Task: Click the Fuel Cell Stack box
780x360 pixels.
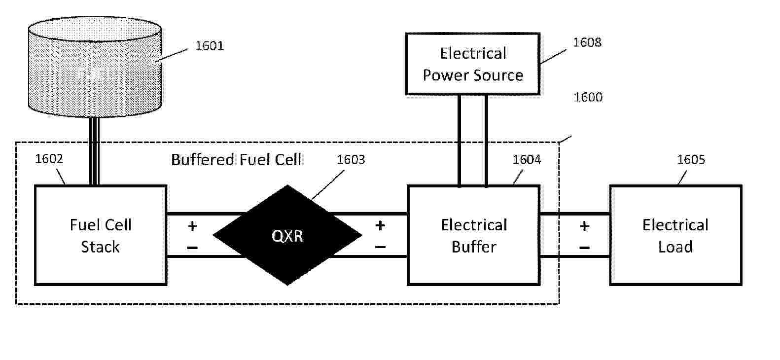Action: click(x=101, y=235)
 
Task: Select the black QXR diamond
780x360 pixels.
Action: click(x=287, y=235)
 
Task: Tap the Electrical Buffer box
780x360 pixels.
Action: click(x=473, y=235)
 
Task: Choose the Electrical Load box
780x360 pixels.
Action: click(x=675, y=235)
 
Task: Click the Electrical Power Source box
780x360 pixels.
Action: click(x=473, y=64)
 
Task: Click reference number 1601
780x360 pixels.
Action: click(x=210, y=46)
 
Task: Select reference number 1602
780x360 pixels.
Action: click(x=49, y=159)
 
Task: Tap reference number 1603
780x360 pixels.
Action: click(x=351, y=160)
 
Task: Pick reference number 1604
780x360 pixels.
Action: click(x=527, y=160)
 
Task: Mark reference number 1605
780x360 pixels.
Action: click(x=691, y=160)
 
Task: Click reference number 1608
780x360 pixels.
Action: click(x=587, y=42)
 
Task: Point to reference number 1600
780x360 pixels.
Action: click(x=588, y=97)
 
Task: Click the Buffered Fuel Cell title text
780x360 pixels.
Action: click(x=236, y=160)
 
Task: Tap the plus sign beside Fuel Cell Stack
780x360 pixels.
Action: click(x=192, y=226)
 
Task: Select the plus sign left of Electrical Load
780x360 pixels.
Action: click(x=584, y=226)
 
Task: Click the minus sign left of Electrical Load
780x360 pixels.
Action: click(x=584, y=247)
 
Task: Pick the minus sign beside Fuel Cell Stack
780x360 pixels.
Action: click(x=192, y=247)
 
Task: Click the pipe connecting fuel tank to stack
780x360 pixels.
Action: click(x=95, y=150)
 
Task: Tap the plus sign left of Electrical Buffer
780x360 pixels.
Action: click(x=380, y=226)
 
